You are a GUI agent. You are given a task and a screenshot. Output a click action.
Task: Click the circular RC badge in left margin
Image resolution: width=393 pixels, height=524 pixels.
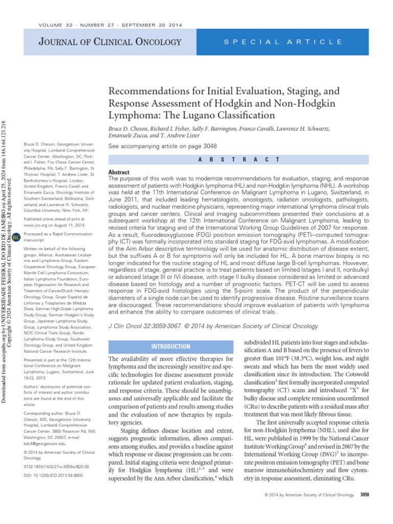click(16, 237)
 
